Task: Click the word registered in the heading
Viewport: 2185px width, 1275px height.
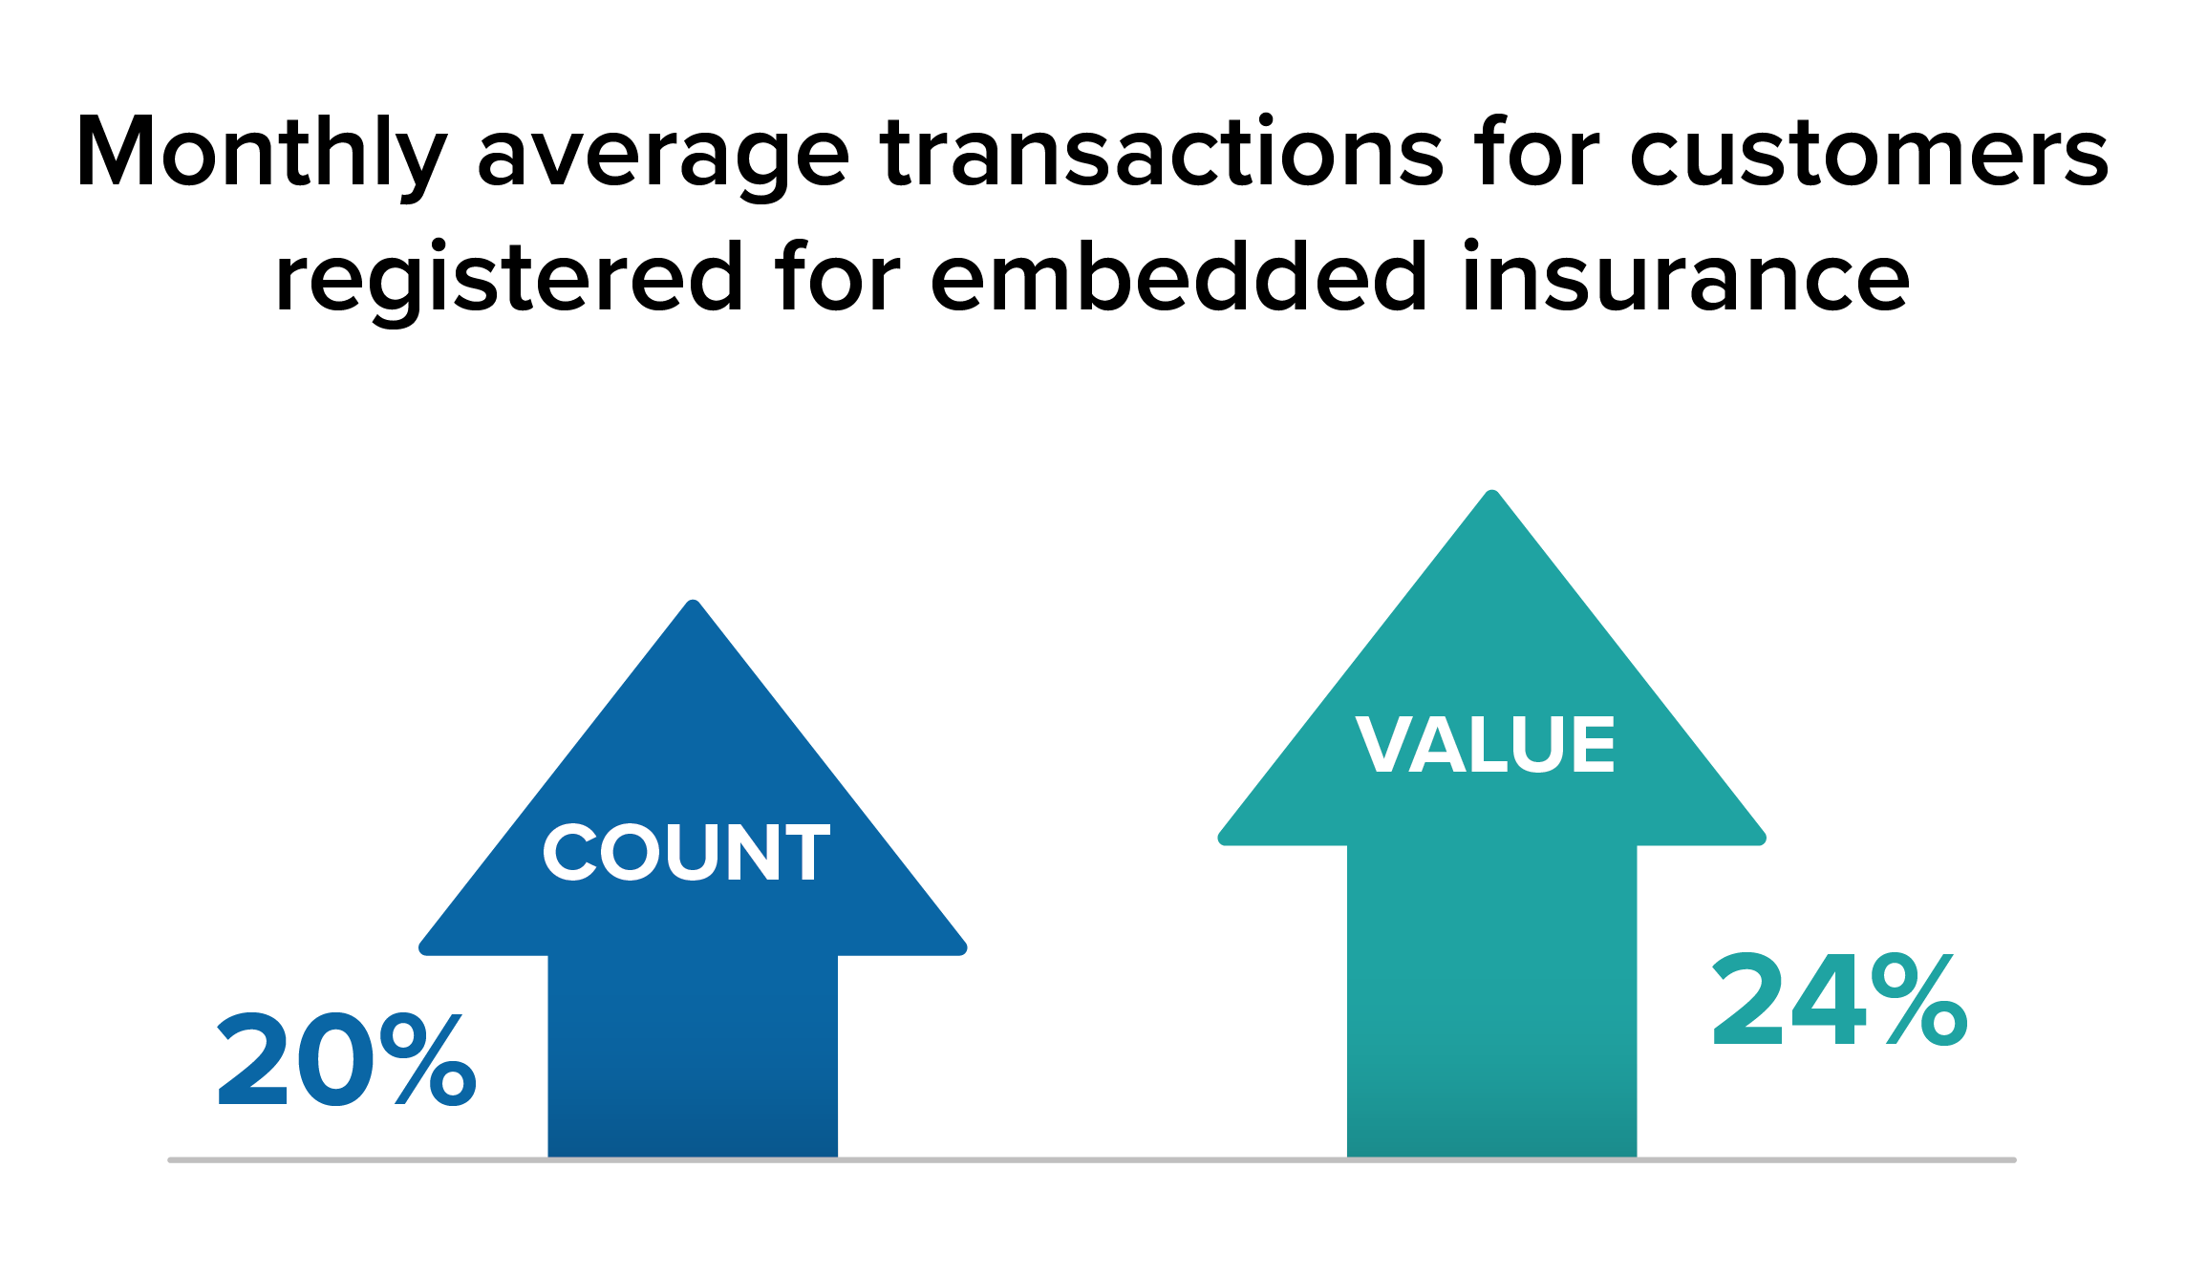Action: coord(508,280)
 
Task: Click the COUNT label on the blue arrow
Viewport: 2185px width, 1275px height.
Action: coord(686,852)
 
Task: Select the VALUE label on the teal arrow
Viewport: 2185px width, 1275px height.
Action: coord(1485,744)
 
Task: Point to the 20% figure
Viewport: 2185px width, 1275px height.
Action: coord(347,1060)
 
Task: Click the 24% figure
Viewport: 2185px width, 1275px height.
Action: coord(1839,1000)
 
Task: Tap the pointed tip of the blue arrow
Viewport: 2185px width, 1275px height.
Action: coord(694,601)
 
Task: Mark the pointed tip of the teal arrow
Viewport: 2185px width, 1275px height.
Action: coord(1492,491)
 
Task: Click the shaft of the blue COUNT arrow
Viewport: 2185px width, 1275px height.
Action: coord(693,1055)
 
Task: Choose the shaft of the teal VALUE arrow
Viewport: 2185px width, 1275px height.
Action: coord(1492,1001)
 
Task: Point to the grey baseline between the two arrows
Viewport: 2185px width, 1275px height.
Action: coord(1092,1160)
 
